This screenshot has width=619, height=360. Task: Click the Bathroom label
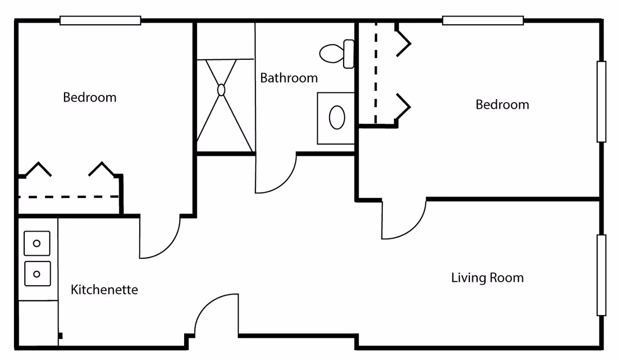tap(288, 78)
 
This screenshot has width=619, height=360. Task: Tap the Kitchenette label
tap(104, 290)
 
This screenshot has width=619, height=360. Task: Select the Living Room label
tap(487, 278)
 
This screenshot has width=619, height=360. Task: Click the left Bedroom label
tap(89, 97)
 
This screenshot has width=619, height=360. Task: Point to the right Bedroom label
tap(502, 105)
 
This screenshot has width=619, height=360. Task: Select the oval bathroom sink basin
tap(337, 118)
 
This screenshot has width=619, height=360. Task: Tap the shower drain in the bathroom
tap(221, 90)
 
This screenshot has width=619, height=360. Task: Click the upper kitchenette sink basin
tap(37, 243)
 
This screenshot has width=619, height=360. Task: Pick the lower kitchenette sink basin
tap(37, 274)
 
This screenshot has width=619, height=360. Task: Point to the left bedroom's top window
tap(100, 21)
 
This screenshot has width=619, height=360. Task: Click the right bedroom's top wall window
tap(483, 21)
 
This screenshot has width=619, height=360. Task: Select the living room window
tap(601, 275)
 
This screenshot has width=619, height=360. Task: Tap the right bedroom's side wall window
tap(601, 102)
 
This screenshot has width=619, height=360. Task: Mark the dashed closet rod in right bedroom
tap(376, 72)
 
